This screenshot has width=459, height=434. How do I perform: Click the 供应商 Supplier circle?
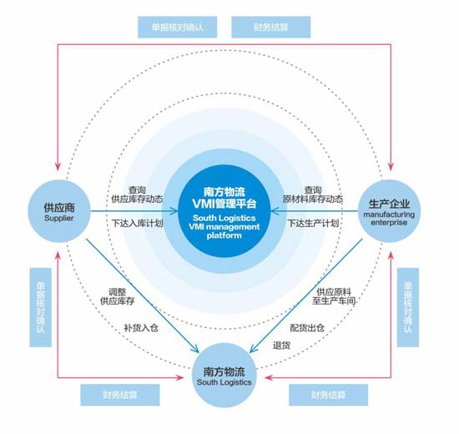[x=59, y=211]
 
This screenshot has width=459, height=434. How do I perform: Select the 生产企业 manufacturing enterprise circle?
[x=389, y=211]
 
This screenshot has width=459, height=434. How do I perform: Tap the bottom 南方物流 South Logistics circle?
[x=224, y=375]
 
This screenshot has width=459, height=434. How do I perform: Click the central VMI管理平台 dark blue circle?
[x=224, y=211]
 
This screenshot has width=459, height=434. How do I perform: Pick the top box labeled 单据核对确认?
[x=178, y=28]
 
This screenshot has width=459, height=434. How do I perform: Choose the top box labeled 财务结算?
[x=270, y=28]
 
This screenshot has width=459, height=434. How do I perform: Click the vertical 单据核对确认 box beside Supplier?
[x=40, y=307]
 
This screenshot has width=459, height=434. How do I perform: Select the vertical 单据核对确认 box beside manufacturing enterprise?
[x=408, y=307]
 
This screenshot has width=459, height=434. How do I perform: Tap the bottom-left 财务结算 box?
[x=120, y=395]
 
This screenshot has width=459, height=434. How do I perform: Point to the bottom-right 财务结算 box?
[x=329, y=395]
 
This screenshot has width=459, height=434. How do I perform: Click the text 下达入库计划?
[x=138, y=224]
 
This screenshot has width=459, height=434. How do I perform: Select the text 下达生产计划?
[x=313, y=223]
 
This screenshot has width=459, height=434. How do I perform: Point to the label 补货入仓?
[x=141, y=328]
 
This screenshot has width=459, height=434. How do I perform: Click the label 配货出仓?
[x=307, y=328]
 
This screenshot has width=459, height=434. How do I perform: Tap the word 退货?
[x=281, y=346]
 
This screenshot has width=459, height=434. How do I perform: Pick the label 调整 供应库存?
[x=118, y=296]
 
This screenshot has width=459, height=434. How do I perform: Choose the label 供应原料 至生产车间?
[x=334, y=296]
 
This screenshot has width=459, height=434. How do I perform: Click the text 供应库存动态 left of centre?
[x=137, y=199]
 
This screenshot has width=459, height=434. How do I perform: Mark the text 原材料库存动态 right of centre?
[x=313, y=199]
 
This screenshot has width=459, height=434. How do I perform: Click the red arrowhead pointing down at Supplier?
[x=58, y=166]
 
